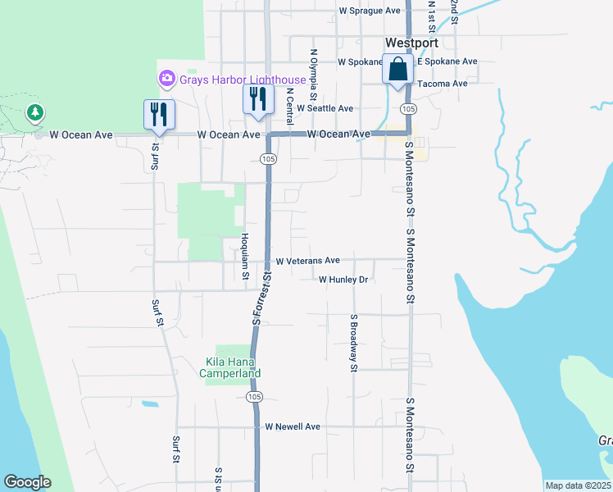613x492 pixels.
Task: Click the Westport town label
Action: (x=411, y=43)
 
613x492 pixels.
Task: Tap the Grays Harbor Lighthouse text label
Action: (x=243, y=80)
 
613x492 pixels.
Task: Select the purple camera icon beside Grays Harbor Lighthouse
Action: (x=166, y=79)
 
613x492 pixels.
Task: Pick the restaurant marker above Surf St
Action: (x=157, y=115)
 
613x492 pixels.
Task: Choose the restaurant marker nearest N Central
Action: (x=258, y=100)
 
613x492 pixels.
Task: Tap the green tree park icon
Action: (x=34, y=113)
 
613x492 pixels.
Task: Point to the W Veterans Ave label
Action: (x=307, y=261)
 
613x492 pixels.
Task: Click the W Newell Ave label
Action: (x=293, y=426)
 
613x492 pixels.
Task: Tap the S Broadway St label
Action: (x=354, y=342)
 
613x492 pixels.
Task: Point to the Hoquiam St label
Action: (x=244, y=255)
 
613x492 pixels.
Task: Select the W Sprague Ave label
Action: (x=370, y=11)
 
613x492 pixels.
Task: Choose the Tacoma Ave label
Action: (x=442, y=84)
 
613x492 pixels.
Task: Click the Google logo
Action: (x=27, y=482)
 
